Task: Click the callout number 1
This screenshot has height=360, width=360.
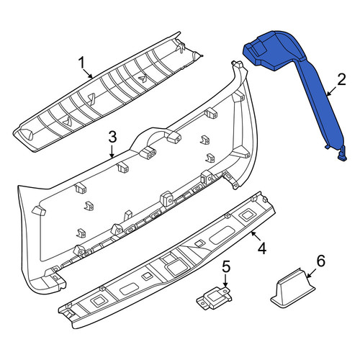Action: (x=81, y=63)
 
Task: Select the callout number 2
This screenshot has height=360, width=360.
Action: (x=341, y=80)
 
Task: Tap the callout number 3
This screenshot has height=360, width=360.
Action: (x=112, y=138)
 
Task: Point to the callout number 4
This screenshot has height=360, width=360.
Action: (x=262, y=248)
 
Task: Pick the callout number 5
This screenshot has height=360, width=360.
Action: (x=225, y=266)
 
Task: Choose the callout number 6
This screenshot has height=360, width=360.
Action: (x=321, y=261)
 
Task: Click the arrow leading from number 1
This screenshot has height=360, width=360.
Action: (x=88, y=73)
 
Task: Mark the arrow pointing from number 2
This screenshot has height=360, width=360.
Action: (x=333, y=91)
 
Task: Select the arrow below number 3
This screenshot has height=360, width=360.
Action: (x=112, y=152)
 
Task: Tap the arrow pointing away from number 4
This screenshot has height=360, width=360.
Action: (x=256, y=235)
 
